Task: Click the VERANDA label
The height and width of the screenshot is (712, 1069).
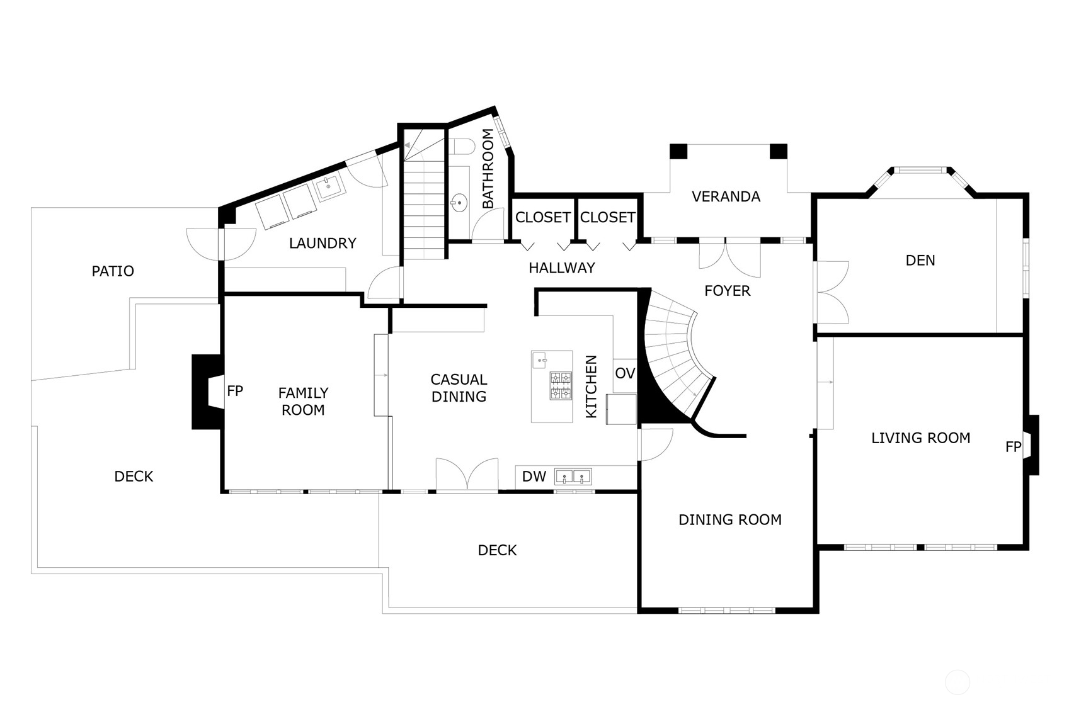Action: (726, 196)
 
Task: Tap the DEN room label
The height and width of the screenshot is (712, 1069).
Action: (920, 261)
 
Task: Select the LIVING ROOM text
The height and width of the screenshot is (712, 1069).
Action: (920, 438)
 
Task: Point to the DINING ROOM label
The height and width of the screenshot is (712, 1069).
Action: (730, 520)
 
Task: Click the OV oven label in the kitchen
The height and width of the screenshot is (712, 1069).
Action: (625, 373)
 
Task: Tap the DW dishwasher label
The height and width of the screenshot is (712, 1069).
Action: (534, 477)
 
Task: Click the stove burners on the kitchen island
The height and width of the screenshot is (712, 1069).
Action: (561, 386)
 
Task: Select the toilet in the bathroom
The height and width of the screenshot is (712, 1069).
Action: (462, 147)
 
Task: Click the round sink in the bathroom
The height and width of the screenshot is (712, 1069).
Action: (459, 203)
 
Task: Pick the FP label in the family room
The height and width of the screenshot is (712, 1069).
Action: (235, 391)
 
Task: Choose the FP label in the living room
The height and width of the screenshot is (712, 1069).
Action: (1013, 447)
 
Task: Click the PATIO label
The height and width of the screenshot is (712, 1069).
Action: (113, 271)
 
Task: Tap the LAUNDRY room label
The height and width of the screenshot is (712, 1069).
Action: (323, 243)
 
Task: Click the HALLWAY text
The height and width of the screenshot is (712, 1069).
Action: (562, 268)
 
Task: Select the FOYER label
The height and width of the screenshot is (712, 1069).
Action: (728, 291)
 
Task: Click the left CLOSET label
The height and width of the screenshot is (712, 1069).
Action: (542, 217)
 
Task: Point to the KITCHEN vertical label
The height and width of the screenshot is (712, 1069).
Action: (592, 387)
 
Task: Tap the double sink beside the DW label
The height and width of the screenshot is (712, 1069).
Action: (573, 477)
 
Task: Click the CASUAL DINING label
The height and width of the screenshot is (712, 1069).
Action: (459, 388)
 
